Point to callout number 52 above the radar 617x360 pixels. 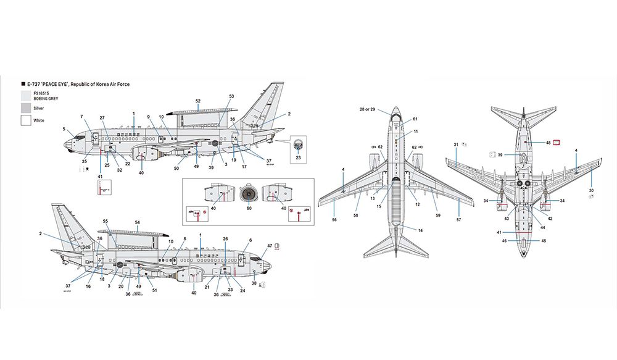197,100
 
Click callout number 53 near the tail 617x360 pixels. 231,96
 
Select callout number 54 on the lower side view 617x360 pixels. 138,222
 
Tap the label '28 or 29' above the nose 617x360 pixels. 368,109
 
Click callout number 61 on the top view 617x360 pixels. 415,119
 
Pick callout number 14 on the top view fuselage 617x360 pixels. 421,230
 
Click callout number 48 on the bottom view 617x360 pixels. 548,143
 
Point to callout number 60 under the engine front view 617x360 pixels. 248,209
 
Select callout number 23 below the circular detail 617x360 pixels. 299,157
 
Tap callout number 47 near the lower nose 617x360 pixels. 270,246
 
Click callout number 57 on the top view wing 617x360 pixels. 458,219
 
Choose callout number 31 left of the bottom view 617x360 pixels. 456,144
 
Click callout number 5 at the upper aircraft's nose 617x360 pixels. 64,129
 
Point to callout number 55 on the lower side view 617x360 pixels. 106,221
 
